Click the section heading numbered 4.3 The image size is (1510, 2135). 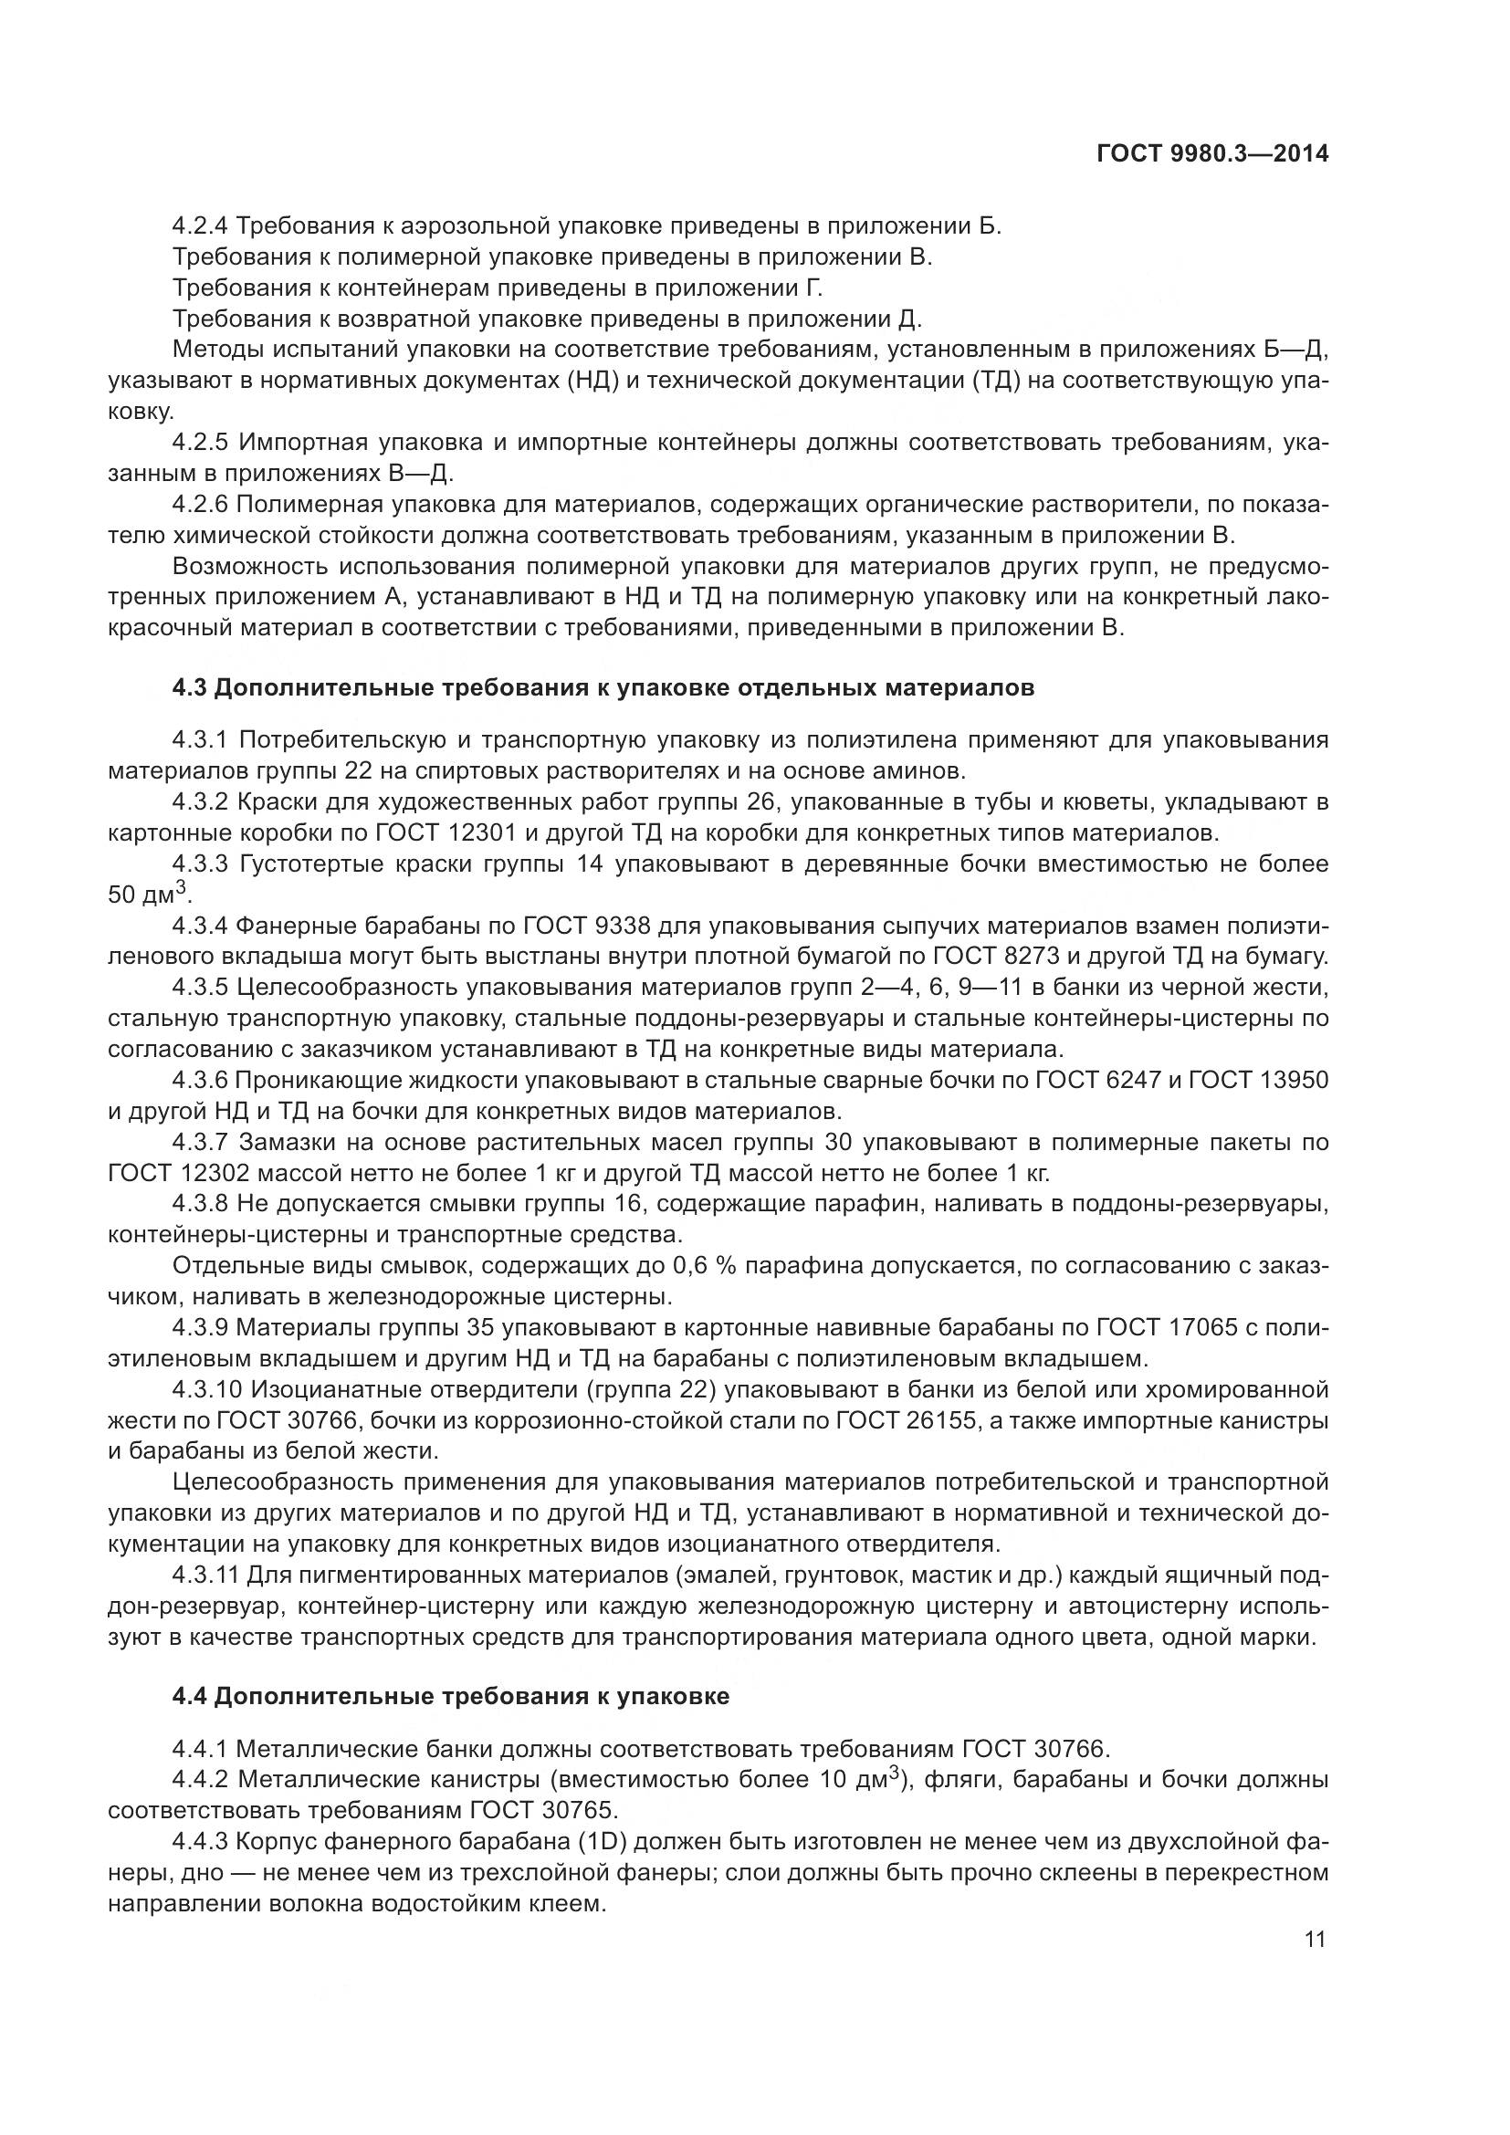603,688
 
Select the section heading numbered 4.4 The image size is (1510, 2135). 450,1696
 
